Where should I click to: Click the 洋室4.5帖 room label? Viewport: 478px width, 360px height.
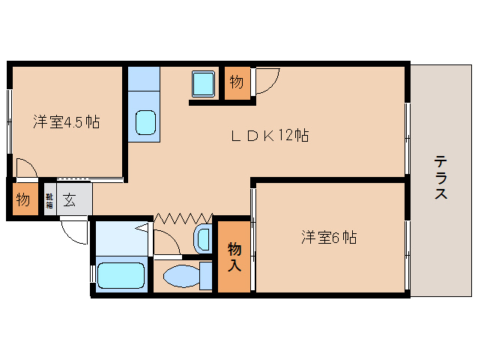(66, 122)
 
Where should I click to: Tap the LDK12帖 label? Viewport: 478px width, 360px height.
(269, 136)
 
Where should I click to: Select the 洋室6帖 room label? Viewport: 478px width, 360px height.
(328, 238)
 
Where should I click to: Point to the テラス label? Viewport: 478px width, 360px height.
(441, 178)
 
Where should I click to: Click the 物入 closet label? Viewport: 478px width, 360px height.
(235, 256)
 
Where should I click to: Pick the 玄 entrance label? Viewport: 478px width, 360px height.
(69, 200)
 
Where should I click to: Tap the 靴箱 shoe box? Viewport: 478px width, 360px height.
(49, 200)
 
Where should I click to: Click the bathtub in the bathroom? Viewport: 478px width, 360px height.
(122, 275)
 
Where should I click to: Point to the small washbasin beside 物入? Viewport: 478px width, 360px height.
(202, 239)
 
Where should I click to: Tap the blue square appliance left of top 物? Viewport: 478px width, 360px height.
(204, 82)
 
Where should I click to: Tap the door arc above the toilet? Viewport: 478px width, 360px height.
(166, 241)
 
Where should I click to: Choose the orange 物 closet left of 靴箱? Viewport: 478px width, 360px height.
(22, 200)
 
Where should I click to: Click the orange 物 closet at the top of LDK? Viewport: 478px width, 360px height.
(236, 82)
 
